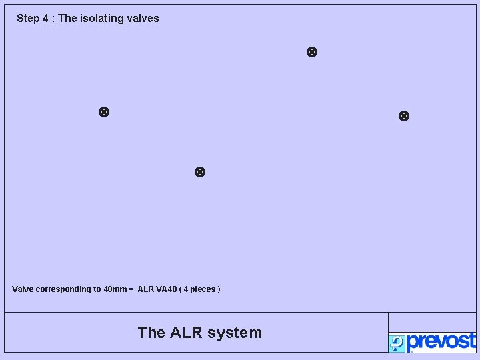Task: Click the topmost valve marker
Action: pos(311,52)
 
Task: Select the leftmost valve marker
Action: pos(104,112)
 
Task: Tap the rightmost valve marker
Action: pos(403,116)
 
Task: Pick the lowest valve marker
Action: pos(199,172)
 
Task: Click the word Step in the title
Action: pos(28,19)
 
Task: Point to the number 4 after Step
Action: pos(45,19)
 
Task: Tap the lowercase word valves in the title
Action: pos(142,19)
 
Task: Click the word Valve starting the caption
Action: pos(23,289)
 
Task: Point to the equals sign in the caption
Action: pos(131,289)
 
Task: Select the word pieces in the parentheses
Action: pos(203,289)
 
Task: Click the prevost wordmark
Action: pos(441,341)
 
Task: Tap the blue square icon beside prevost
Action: pos(397,343)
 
